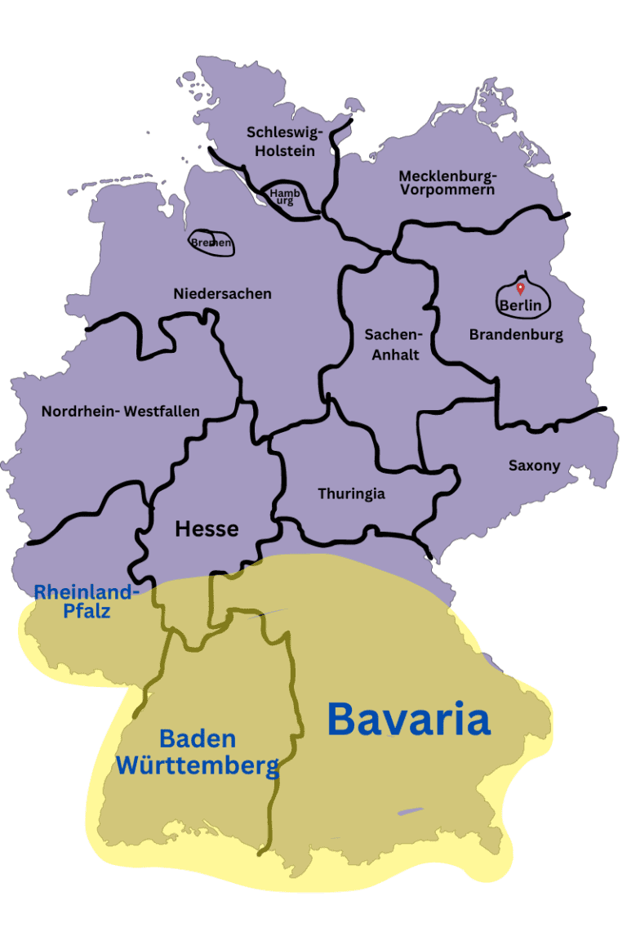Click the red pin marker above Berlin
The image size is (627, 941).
point(520,288)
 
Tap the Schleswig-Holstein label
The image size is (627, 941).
point(285,141)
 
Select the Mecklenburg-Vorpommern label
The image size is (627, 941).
point(447,182)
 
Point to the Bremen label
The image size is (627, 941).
point(211,243)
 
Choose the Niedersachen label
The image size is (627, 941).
point(222,293)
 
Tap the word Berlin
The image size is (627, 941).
point(521,306)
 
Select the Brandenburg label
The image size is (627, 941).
point(516,334)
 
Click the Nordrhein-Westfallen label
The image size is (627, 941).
point(120,411)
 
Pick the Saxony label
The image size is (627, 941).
point(534,466)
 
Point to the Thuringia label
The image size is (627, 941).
point(351,493)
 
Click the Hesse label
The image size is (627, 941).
point(207,528)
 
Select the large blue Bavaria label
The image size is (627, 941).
point(408,720)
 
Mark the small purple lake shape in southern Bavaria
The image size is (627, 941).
point(411,811)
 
